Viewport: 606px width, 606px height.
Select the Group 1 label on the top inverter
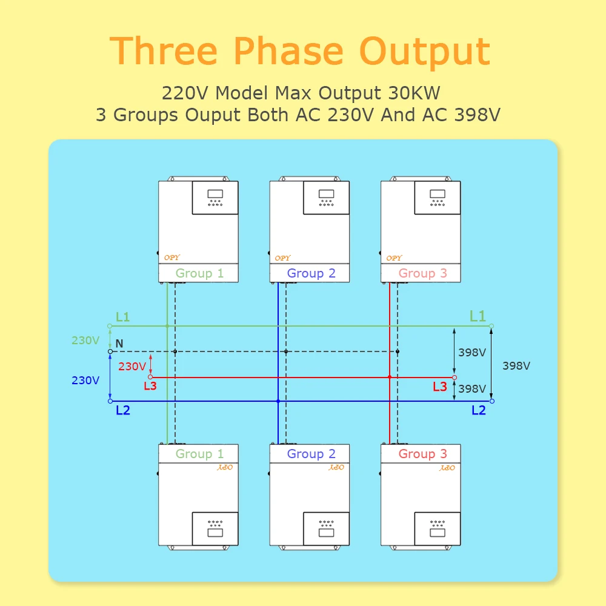[199, 273]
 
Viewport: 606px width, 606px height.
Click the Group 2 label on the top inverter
[311, 273]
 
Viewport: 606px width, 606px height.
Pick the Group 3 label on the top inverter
[422, 273]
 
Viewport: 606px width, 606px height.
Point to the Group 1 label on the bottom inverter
[199, 454]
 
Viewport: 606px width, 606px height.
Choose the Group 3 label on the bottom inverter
[422, 454]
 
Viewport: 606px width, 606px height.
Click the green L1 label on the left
[122, 317]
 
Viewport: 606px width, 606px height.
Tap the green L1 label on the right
[478, 316]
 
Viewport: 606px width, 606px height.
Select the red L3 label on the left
[150, 386]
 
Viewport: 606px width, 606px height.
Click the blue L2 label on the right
[479, 410]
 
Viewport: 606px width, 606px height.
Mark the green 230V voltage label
[85, 341]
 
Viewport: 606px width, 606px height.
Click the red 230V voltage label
[132, 367]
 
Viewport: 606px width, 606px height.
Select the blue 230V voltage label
[85, 381]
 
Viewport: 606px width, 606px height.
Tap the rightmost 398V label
[516, 366]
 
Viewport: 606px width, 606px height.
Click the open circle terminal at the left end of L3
[150, 377]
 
